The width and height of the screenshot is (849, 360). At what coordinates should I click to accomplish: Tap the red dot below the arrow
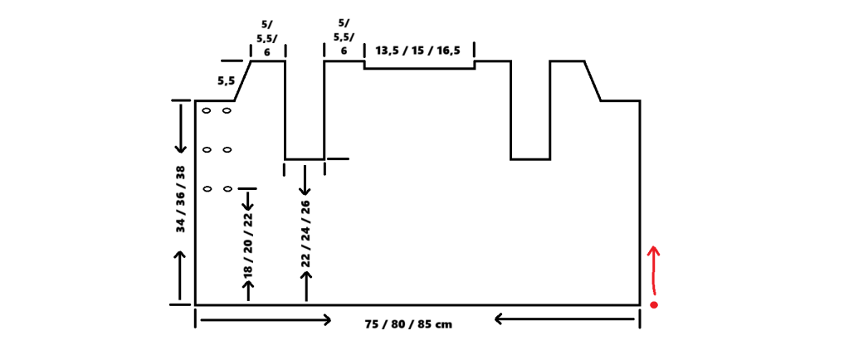coord(654,305)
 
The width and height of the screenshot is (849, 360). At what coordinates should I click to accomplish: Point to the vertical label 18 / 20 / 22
coord(247,246)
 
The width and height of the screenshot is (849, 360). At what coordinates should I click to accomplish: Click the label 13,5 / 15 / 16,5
coord(418,50)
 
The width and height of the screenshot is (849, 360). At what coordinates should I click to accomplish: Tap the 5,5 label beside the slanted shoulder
coord(226,80)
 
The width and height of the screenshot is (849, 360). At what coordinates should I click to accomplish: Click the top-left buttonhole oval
coord(205,110)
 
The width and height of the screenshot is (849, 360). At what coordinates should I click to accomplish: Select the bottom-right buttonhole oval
coord(227,189)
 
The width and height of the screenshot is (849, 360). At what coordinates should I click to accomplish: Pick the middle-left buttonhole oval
coord(205,150)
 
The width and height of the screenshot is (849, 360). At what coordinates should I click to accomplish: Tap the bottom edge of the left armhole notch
coord(304,158)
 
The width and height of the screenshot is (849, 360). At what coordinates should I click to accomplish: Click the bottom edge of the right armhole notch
coord(530,158)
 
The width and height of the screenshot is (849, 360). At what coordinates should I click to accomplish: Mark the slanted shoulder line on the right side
coord(593,80)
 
